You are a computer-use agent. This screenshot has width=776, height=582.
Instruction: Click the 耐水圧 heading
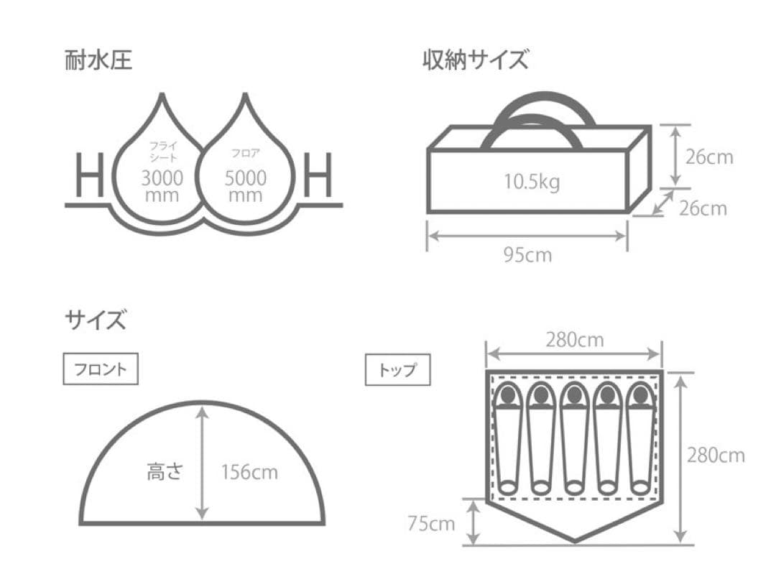[98, 61]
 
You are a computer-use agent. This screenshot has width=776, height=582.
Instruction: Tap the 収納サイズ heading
[475, 61]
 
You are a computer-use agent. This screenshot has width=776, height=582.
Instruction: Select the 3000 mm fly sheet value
[162, 185]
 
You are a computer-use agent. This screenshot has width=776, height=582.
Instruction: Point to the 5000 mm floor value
[245, 185]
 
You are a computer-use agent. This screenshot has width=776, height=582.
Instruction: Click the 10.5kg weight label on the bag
[532, 183]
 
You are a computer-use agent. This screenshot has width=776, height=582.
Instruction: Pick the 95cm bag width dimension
[527, 254]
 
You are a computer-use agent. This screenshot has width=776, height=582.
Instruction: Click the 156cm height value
[249, 472]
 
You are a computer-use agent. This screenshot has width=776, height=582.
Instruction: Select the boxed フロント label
[100, 369]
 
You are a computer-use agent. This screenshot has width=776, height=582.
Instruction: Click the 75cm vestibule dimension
[431, 524]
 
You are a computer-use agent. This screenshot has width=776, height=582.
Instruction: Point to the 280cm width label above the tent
[574, 340]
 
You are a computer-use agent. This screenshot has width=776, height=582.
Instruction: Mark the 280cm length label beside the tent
[716, 455]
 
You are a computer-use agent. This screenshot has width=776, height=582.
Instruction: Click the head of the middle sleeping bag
[573, 394]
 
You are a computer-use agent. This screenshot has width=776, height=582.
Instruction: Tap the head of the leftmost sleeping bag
[507, 394]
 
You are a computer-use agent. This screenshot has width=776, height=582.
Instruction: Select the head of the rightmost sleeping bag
[639, 394]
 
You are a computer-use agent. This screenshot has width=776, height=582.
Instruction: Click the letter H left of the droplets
[90, 175]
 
